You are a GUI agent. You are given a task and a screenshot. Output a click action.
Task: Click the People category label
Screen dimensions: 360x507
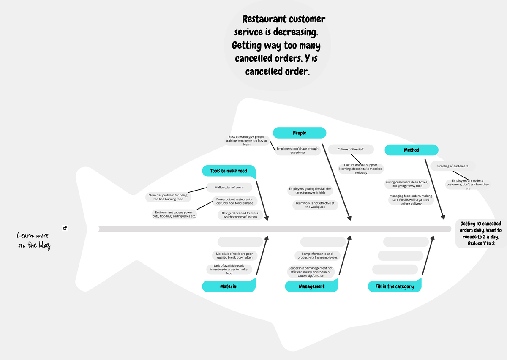point(299,133)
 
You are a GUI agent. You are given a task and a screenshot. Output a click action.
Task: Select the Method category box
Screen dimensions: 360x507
point(411,150)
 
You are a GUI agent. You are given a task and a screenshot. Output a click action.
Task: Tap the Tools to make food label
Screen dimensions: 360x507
point(229,171)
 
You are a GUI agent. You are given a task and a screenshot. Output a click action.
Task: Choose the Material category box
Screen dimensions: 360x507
point(229,286)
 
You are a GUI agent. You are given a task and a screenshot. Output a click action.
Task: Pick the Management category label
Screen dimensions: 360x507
point(311,286)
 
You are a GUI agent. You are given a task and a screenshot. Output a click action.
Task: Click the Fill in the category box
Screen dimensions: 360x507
point(395,286)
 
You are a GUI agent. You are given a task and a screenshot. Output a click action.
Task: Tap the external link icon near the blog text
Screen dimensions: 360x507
point(65,228)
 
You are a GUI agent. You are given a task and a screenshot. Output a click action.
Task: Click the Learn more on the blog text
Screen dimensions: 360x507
point(33,240)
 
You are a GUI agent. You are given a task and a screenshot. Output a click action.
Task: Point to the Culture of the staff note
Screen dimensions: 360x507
point(350,149)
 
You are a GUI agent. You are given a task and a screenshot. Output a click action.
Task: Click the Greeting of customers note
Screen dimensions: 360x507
point(452,166)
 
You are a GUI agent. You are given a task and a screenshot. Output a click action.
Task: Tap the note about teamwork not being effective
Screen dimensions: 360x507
point(315,205)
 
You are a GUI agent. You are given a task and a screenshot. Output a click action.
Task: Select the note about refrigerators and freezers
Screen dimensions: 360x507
point(240,215)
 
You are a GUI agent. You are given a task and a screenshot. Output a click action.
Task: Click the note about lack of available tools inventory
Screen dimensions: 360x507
point(229,270)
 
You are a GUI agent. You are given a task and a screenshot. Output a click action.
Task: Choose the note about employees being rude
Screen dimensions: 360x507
point(468,184)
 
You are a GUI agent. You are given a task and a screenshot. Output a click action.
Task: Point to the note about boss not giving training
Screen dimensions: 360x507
point(247,141)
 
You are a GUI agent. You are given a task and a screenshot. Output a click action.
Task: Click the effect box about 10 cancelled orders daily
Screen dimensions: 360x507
point(480,233)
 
